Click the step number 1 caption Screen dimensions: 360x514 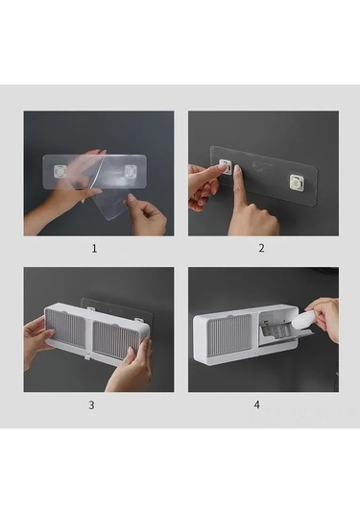point(94,249)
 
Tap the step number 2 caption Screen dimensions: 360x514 point(261,248)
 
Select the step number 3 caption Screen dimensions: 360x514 point(91,404)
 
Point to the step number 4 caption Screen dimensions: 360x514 point(257,404)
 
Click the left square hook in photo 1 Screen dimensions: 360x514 point(60,171)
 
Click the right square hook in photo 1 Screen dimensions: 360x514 point(131,171)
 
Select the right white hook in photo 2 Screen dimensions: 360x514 point(298,183)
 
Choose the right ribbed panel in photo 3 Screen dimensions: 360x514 point(116,341)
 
